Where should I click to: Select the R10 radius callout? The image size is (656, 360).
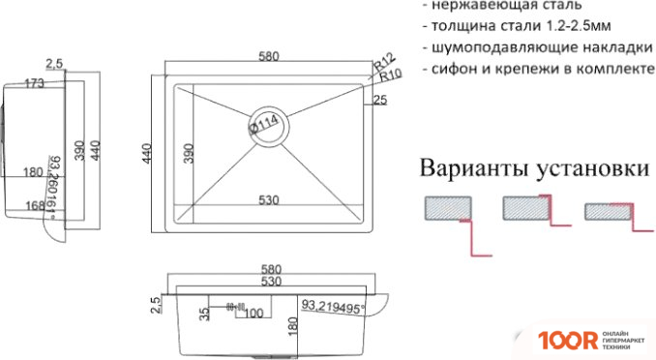391,75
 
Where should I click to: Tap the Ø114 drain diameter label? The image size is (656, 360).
262,124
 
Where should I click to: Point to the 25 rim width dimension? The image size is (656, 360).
379,100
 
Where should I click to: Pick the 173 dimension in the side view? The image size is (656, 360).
34,84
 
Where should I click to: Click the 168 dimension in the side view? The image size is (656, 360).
34,205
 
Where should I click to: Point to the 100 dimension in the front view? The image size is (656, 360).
253,313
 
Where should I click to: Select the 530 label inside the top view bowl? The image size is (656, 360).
268,200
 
